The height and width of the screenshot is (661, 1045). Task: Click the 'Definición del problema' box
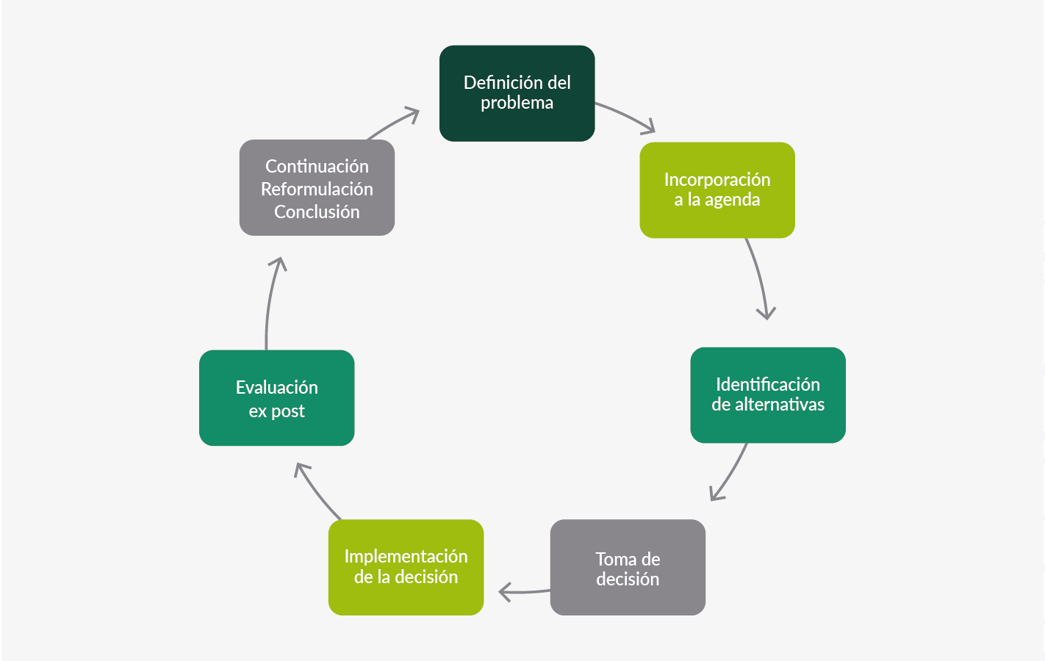tap(517, 93)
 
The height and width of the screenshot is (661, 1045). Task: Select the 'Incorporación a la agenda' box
tap(717, 189)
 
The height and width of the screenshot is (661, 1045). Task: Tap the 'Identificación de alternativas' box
tap(767, 394)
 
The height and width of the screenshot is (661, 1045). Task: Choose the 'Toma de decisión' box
tap(627, 567)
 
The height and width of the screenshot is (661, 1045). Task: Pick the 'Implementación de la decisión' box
tap(406, 567)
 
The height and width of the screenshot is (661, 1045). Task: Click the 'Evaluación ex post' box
tap(276, 397)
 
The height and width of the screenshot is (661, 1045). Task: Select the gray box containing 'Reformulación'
tap(317, 187)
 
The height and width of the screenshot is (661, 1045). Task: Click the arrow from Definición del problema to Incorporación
tap(626, 116)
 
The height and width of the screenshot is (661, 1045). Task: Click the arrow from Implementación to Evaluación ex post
tap(316, 491)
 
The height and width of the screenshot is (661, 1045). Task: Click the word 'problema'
tap(517, 104)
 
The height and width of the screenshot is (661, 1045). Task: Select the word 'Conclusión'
tap(317, 212)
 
